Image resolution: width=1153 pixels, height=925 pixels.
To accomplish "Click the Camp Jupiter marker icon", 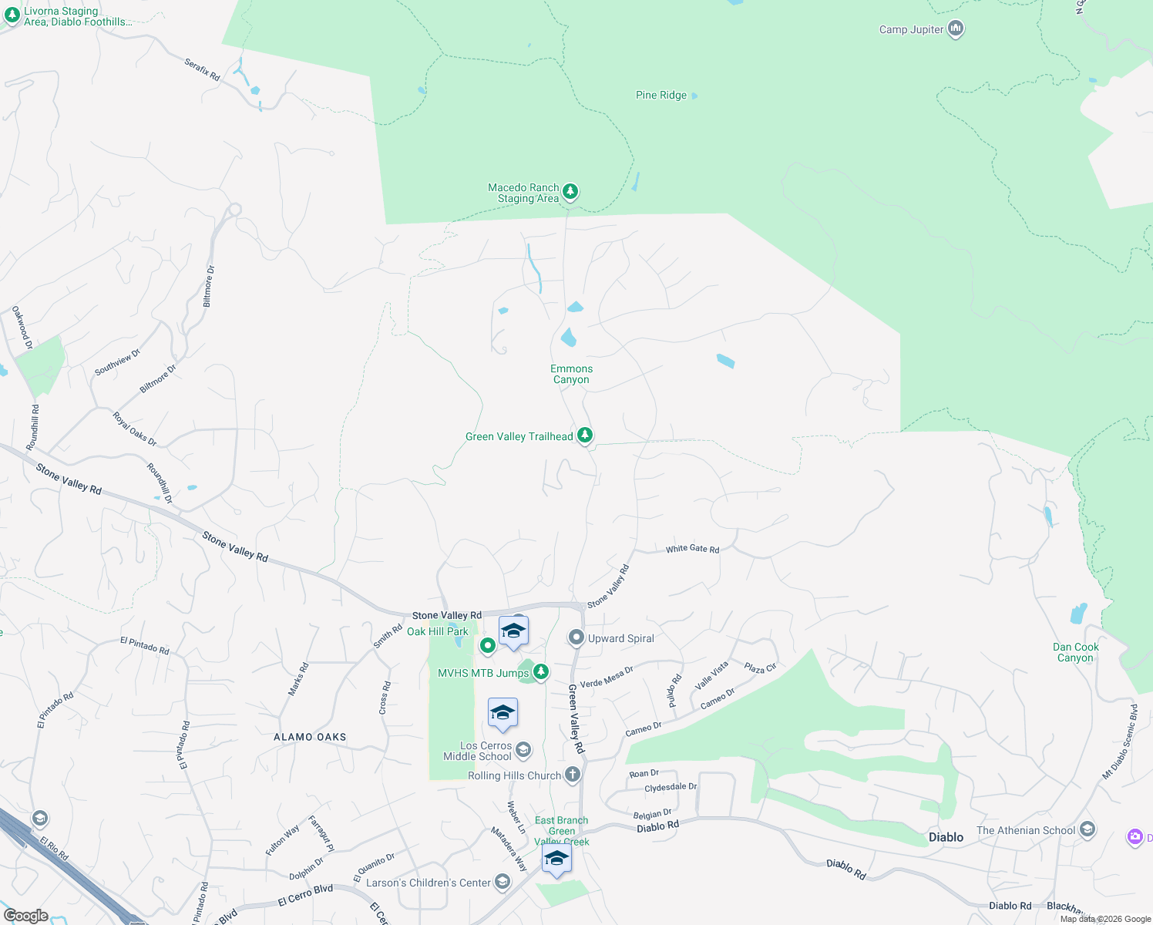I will click(x=956, y=29).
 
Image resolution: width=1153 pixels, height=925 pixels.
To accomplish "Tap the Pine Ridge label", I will click(x=661, y=96).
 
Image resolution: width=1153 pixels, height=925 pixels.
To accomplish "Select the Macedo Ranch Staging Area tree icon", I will click(x=570, y=191).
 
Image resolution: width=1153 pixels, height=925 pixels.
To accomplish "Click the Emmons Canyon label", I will click(x=571, y=374).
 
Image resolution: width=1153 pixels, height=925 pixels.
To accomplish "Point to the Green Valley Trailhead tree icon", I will click(x=585, y=436).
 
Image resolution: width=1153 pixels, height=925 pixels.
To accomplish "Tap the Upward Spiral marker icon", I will click(x=576, y=638).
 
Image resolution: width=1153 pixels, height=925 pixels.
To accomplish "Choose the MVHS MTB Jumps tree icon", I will click(x=541, y=673).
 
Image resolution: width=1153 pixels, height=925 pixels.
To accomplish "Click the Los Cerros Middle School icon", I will click(x=523, y=750).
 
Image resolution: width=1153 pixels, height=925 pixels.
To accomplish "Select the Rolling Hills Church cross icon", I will click(x=572, y=775).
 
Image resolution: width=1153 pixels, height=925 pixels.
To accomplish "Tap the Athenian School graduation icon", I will click(x=1087, y=829).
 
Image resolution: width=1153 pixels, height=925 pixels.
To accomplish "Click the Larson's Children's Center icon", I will click(x=503, y=882).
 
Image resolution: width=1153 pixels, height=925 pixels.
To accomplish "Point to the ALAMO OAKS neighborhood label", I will click(x=310, y=737).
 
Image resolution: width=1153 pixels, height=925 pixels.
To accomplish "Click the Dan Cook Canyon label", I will click(x=1076, y=652).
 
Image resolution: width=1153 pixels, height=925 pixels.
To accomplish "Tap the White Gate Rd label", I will click(x=692, y=549).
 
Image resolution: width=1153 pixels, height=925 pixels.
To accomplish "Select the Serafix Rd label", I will click(x=202, y=70).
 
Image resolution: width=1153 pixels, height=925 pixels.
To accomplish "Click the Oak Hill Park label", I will click(x=438, y=631).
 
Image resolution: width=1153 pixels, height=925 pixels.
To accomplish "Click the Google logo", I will click(x=26, y=916).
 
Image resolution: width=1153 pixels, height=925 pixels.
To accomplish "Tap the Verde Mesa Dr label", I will click(x=607, y=677).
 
